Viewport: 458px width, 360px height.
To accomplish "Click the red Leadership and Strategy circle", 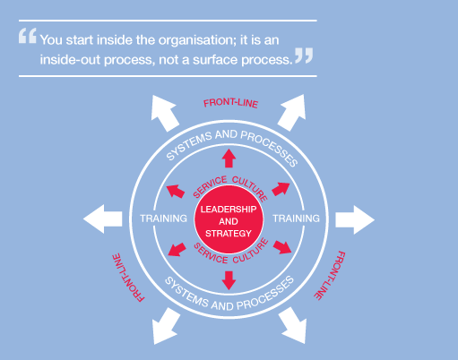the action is [x=229, y=219].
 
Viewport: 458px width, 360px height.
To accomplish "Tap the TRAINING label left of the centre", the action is [x=163, y=219].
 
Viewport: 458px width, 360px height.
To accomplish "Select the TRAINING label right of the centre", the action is [x=296, y=219].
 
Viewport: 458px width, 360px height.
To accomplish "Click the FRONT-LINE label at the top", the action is [x=230, y=103].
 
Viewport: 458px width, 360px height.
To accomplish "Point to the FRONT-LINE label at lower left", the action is [x=128, y=278].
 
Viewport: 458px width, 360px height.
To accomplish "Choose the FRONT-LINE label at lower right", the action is [x=330, y=275].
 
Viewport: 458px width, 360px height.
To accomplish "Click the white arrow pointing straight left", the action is [x=103, y=219].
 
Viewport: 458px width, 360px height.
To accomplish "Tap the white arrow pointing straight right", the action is [x=355, y=219].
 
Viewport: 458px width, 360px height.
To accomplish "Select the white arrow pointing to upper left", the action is [x=164, y=114].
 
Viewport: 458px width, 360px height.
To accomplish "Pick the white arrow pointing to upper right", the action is [x=292, y=113].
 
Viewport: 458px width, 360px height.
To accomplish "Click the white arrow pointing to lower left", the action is [x=166, y=326].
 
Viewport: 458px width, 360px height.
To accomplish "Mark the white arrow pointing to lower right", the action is [x=293, y=325].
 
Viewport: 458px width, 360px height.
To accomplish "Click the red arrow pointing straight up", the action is [x=229, y=159].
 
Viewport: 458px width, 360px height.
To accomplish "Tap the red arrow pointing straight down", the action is [x=229, y=280].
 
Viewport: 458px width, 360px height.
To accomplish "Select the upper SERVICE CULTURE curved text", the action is [x=230, y=185].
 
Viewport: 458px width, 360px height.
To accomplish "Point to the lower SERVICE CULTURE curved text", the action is [x=230, y=253].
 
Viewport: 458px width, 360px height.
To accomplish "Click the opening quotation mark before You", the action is [x=28, y=36].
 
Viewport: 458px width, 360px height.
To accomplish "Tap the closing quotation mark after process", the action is [x=304, y=56].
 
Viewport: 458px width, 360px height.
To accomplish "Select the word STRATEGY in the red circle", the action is [x=229, y=234].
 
